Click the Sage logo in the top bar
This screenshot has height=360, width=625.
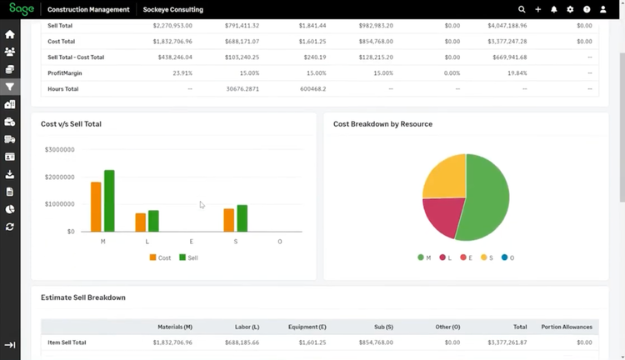21,9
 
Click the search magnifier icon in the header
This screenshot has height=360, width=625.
522,9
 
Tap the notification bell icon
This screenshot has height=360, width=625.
554,9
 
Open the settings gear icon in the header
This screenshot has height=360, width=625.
570,9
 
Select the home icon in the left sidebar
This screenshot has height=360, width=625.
10,35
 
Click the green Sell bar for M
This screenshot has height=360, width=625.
109,201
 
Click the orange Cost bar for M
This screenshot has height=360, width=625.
96,207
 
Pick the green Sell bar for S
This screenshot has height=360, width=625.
242,218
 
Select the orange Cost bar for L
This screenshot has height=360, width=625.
140,222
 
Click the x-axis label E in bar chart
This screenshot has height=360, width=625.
192,242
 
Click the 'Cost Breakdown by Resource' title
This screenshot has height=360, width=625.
382,124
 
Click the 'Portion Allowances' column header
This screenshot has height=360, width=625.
567,327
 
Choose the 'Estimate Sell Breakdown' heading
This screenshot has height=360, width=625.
83,297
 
